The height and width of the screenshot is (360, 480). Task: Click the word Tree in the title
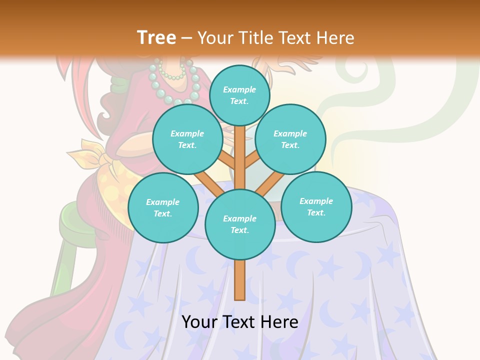156,38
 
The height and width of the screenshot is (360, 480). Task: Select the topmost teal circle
239,95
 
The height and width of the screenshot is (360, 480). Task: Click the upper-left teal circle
187,139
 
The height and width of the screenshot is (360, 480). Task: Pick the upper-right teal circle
290,139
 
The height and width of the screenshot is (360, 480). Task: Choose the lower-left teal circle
163,207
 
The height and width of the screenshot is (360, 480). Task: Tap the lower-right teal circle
316,206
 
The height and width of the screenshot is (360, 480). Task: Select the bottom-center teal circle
240,224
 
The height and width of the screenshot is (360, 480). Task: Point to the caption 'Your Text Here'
240,322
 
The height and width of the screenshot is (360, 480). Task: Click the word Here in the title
335,38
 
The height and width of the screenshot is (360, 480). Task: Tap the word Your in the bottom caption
200,322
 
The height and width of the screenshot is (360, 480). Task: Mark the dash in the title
187,38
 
